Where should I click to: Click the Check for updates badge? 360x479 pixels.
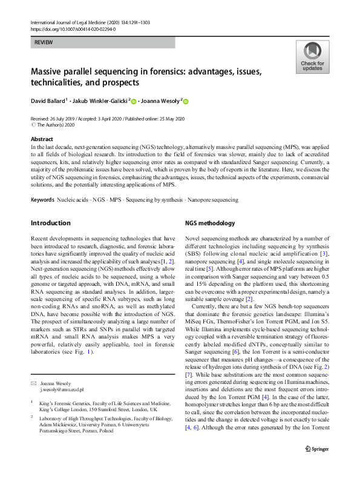point(312,57)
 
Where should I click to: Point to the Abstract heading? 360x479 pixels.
point(42,139)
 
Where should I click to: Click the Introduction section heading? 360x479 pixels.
point(51,223)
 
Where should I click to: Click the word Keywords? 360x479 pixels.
point(42,199)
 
